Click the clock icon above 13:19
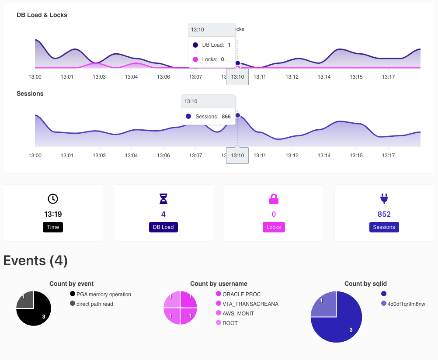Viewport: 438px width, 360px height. pyautogui.click(x=53, y=199)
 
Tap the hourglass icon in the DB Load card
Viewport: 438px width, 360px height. pyautogui.click(x=163, y=199)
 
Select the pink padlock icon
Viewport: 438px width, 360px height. pyautogui.click(x=274, y=199)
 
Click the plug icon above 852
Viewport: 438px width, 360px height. pyautogui.click(x=384, y=199)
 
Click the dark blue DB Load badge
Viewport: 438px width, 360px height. pyautogui.click(x=163, y=227)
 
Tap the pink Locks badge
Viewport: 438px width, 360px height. pyautogui.click(x=274, y=227)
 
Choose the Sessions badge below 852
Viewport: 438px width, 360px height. pyautogui.click(x=384, y=227)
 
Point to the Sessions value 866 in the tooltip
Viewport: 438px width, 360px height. pyautogui.click(x=226, y=117)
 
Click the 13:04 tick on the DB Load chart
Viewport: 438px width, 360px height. pyautogui.click(x=131, y=76)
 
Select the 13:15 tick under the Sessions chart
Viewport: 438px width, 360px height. pyautogui.click(x=356, y=155)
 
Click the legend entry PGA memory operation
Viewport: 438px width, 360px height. pyautogui.click(x=101, y=294)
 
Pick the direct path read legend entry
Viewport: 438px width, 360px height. pyautogui.click(x=92, y=304)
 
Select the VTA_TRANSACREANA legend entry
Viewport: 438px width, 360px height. pyautogui.click(x=247, y=304)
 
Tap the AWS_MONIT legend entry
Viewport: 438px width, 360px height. pyautogui.click(x=235, y=313)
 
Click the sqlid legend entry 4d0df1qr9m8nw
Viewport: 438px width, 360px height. pyautogui.click(x=403, y=304)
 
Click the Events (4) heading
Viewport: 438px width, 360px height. pyautogui.click(x=35, y=260)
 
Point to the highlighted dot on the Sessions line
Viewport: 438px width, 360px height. pyautogui.click(x=238, y=115)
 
